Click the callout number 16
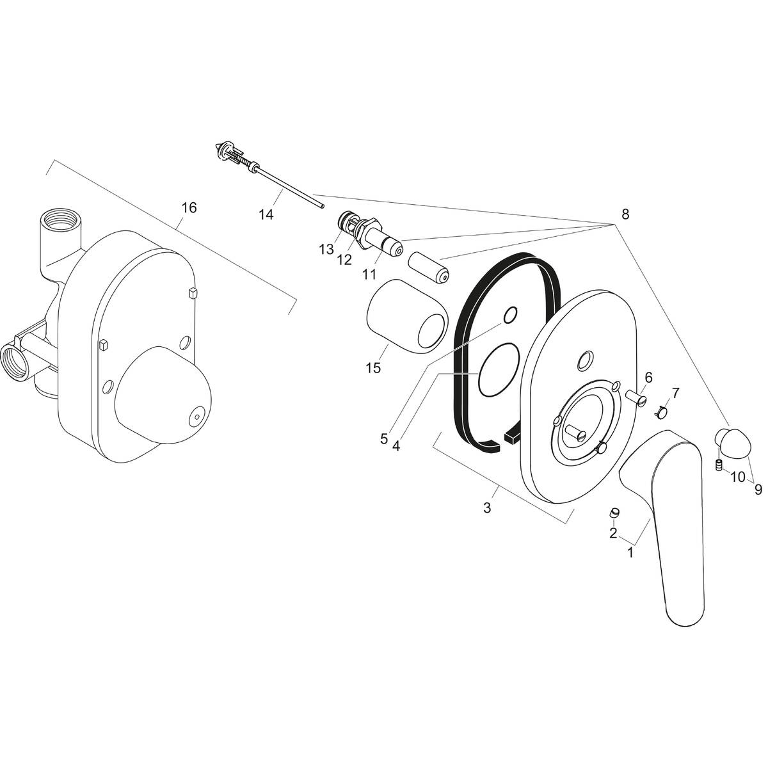pos(189,208)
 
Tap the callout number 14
pos(266,215)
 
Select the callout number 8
pos(625,215)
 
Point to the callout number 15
pos(373,368)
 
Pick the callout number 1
pos(630,552)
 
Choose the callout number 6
pos(648,378)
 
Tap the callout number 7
pos(675,392)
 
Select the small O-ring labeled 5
pos(510,315)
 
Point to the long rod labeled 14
pos(288,185)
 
